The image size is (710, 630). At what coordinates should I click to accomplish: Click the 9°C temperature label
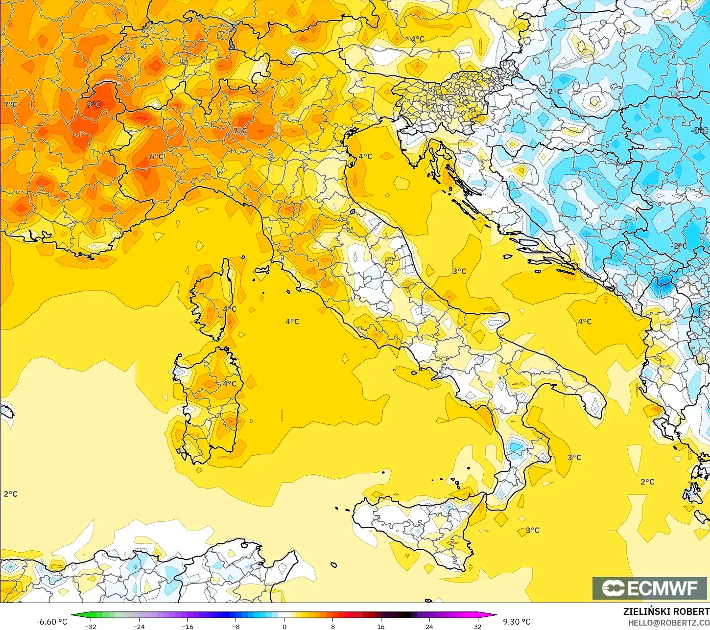94,104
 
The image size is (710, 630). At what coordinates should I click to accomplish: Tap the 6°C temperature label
157,157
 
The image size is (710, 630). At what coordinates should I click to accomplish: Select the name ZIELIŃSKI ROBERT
666,611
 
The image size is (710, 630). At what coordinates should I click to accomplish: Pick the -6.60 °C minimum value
51,622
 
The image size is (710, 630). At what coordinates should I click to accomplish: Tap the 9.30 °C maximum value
517,622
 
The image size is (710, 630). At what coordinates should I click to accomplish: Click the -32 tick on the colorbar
91,626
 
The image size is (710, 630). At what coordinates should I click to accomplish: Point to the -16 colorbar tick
187,626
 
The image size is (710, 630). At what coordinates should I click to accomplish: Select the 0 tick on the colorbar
284,626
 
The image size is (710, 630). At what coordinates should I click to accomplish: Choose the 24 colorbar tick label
429,626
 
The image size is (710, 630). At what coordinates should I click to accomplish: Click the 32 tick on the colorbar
477,626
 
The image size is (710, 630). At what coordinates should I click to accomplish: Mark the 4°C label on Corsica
229,309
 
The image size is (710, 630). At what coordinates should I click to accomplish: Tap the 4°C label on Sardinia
229,383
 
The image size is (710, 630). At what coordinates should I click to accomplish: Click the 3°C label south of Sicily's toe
532,530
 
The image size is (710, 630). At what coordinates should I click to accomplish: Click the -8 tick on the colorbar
236,626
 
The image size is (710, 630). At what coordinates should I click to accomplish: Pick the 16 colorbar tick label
380,626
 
